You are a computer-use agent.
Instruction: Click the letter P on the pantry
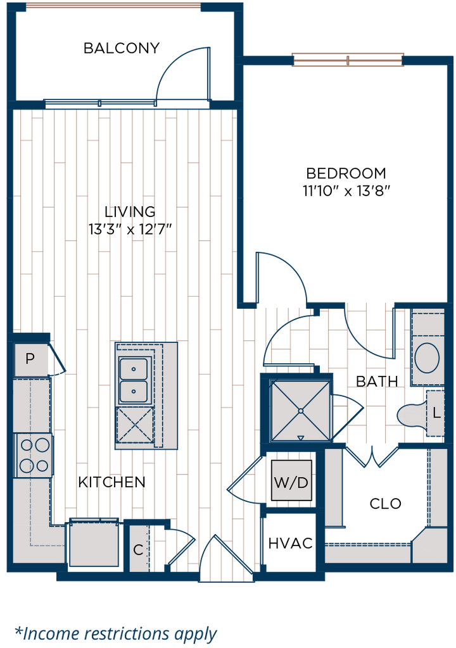[29, 359]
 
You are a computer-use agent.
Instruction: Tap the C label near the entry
[138, 549]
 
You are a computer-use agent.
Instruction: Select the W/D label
[291, 483]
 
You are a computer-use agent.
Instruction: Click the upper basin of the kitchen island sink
[134, 367]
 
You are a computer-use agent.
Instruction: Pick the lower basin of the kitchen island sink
[134, 392]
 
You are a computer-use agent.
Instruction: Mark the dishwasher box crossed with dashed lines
[134, 425]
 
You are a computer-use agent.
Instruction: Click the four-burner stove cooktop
[34, 455]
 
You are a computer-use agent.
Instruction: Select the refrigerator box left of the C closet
[94, 544]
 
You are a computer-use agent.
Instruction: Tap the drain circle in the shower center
[300, 411]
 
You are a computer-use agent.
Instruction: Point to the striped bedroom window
[348, 60]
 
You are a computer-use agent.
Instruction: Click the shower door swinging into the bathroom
[350, 411]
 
